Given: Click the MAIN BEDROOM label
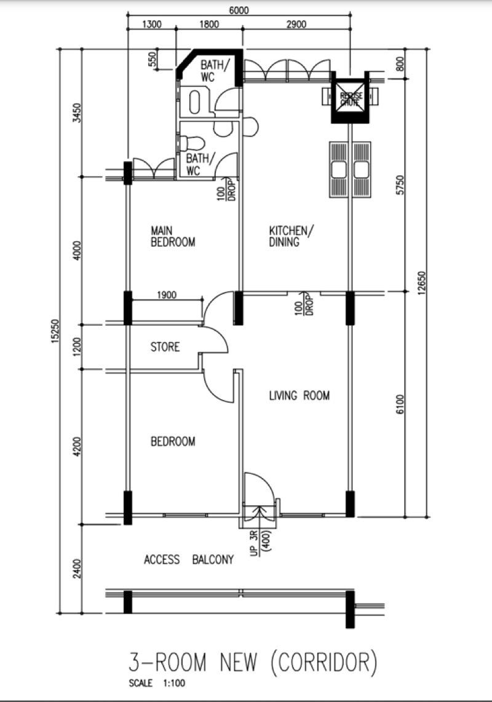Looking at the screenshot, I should pos(173,236).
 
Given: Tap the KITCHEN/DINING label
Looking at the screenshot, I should pos(292,236).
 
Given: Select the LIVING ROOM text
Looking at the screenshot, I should pos(300,396).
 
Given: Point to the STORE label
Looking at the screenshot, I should pos(165,347).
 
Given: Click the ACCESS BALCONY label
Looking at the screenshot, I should pos(189,560).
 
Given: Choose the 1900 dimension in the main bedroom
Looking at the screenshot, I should pos(167,295).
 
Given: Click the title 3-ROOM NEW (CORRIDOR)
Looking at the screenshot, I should pos(252,663).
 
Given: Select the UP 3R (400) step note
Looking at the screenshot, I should pos(258,541).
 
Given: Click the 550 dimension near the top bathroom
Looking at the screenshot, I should pos(152,60).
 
